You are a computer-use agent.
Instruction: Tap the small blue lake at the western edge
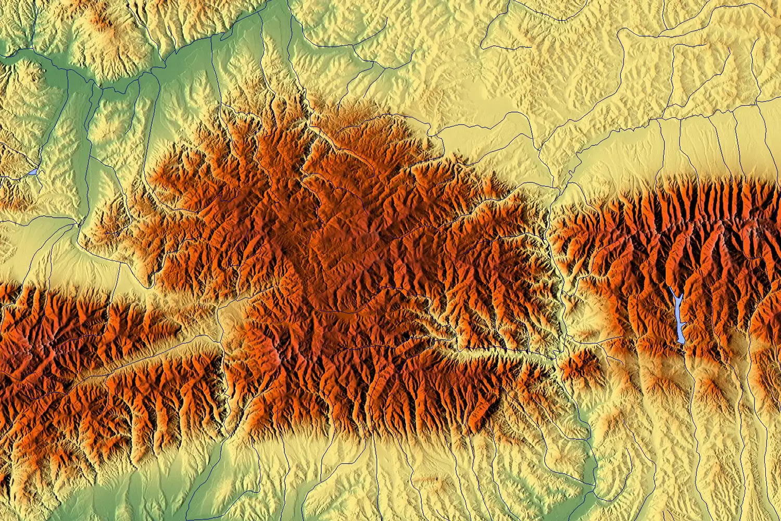coord(33,171)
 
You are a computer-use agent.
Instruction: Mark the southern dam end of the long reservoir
coord(682,342)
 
